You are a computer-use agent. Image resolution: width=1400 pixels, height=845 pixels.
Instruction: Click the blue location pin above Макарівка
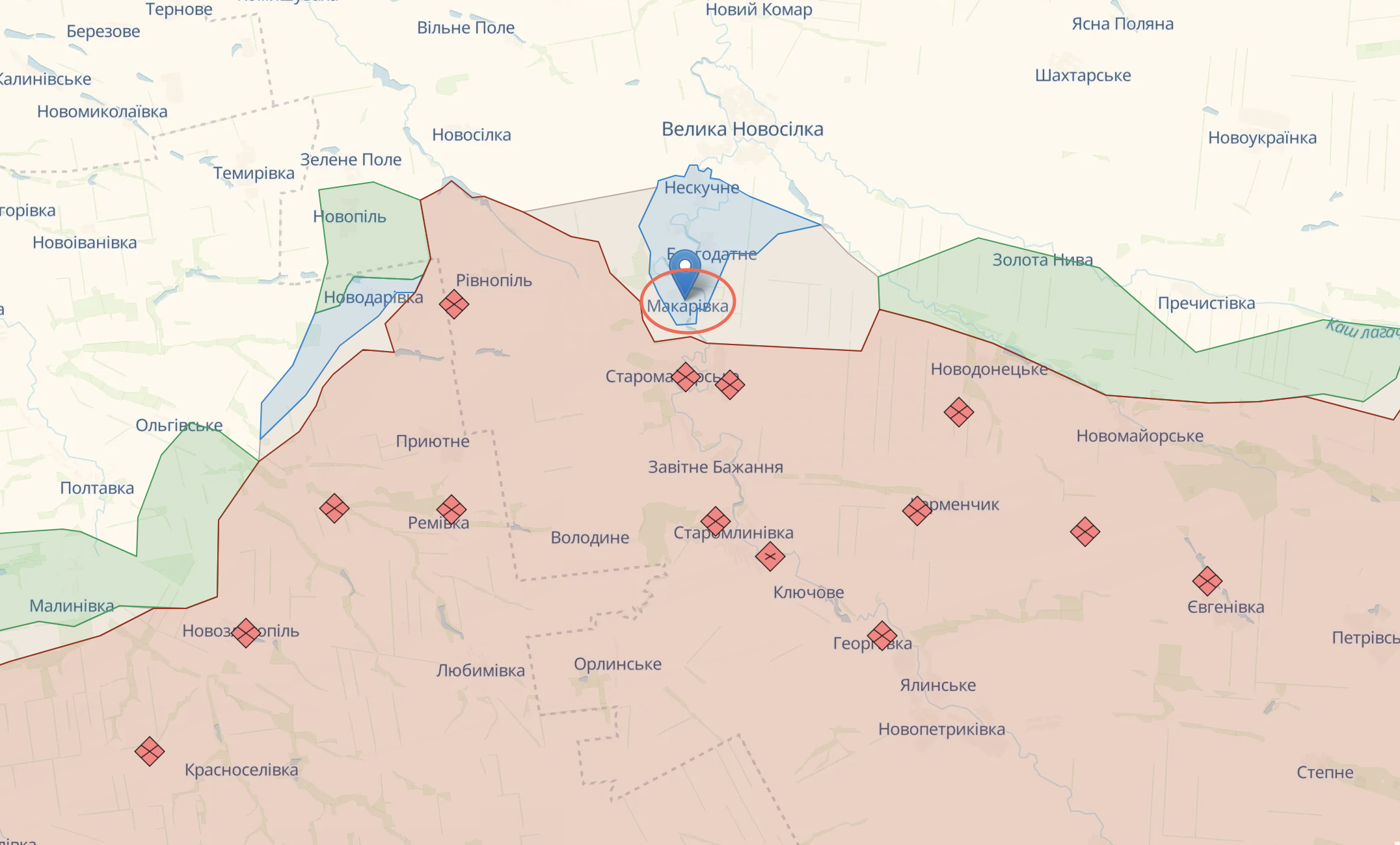coord(684,269)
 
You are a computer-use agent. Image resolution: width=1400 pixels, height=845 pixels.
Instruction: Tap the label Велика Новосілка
coord(742,129)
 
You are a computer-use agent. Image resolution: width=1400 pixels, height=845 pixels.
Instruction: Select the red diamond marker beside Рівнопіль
coord(454,304)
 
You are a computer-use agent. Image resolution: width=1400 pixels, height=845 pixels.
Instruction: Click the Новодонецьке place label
coord(989,370)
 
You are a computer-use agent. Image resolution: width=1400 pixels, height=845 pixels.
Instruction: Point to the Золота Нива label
coord(1042,261)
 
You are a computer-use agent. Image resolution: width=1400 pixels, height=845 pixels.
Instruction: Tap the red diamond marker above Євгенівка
coord(1207,581)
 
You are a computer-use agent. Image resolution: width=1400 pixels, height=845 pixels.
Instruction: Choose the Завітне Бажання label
coord(715,467)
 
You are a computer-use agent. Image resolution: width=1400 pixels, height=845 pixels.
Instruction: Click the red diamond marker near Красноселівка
coord(150,751)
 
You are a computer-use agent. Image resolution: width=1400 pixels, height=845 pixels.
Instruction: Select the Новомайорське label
coord(1140,436)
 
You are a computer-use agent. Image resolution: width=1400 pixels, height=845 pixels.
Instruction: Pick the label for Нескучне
coord(701,188)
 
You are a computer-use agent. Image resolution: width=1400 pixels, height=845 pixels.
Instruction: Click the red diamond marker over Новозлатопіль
coord(246,632)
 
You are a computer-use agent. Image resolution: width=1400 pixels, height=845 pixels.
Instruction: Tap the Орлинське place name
coord(617,664)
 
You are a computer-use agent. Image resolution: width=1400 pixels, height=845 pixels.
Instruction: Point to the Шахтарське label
coord(1083,76)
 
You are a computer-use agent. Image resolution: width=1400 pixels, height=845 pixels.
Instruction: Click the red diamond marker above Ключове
coord(770,556)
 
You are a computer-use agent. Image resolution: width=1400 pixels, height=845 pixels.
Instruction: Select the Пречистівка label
coord(1206,304)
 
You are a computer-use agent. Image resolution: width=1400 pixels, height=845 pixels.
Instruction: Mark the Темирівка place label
coord(254,174)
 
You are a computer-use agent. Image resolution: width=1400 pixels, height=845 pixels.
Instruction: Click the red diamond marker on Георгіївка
coord(882,636)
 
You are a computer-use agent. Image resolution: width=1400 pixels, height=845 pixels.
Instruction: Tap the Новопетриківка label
coord(941,729)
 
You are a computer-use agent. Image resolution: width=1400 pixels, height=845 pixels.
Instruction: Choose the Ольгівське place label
coord(179,426)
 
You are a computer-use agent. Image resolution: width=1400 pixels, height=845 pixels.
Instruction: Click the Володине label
coord(589,538)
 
